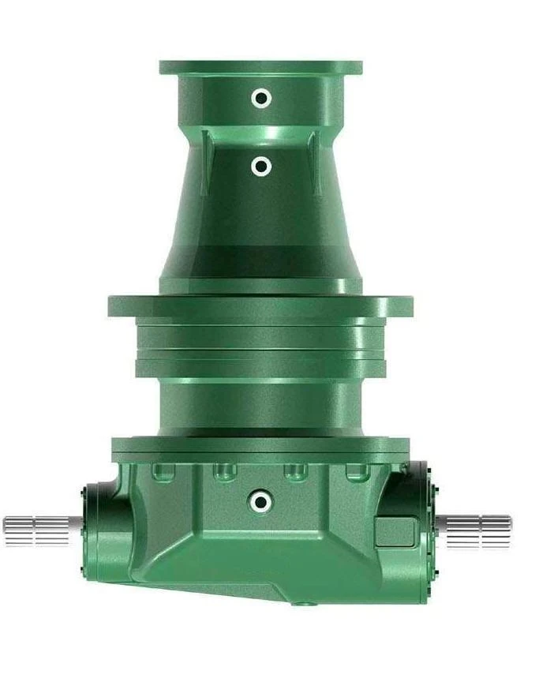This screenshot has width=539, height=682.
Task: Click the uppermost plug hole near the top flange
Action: [260, 98]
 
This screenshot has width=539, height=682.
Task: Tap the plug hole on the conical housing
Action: [261, 167]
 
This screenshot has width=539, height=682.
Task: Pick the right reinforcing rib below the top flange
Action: [313, 162]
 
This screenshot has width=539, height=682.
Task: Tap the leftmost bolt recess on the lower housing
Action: [162, 472]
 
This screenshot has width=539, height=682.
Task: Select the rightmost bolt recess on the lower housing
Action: [355, 472]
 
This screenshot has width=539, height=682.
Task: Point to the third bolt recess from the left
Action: [294, 472]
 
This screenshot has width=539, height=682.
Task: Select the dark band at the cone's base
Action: [260, 260]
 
